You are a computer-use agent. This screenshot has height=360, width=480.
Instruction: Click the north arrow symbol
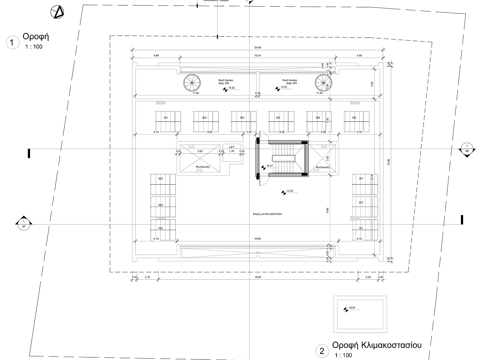(58, 13)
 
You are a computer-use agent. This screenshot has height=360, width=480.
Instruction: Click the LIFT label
(232, 147)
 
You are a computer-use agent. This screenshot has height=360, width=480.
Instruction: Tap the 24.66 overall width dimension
(258, 48)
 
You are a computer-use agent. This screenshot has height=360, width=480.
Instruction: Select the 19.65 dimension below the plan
(258, 277)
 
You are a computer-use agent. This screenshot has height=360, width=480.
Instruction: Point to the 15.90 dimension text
(258, 239)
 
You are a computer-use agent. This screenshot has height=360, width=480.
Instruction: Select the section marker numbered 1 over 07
(24, 223)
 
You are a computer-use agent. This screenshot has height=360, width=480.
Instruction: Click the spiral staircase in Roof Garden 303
(192, 83)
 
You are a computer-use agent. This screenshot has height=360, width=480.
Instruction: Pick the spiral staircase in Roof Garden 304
(323, 83)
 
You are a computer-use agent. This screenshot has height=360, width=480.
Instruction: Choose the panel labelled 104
(356, 121)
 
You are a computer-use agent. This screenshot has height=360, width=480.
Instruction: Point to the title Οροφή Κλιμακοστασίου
(377, 345)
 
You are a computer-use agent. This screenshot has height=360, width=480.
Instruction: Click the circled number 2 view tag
(322, 351)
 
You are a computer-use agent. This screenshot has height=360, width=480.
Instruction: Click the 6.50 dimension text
(210, 132)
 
